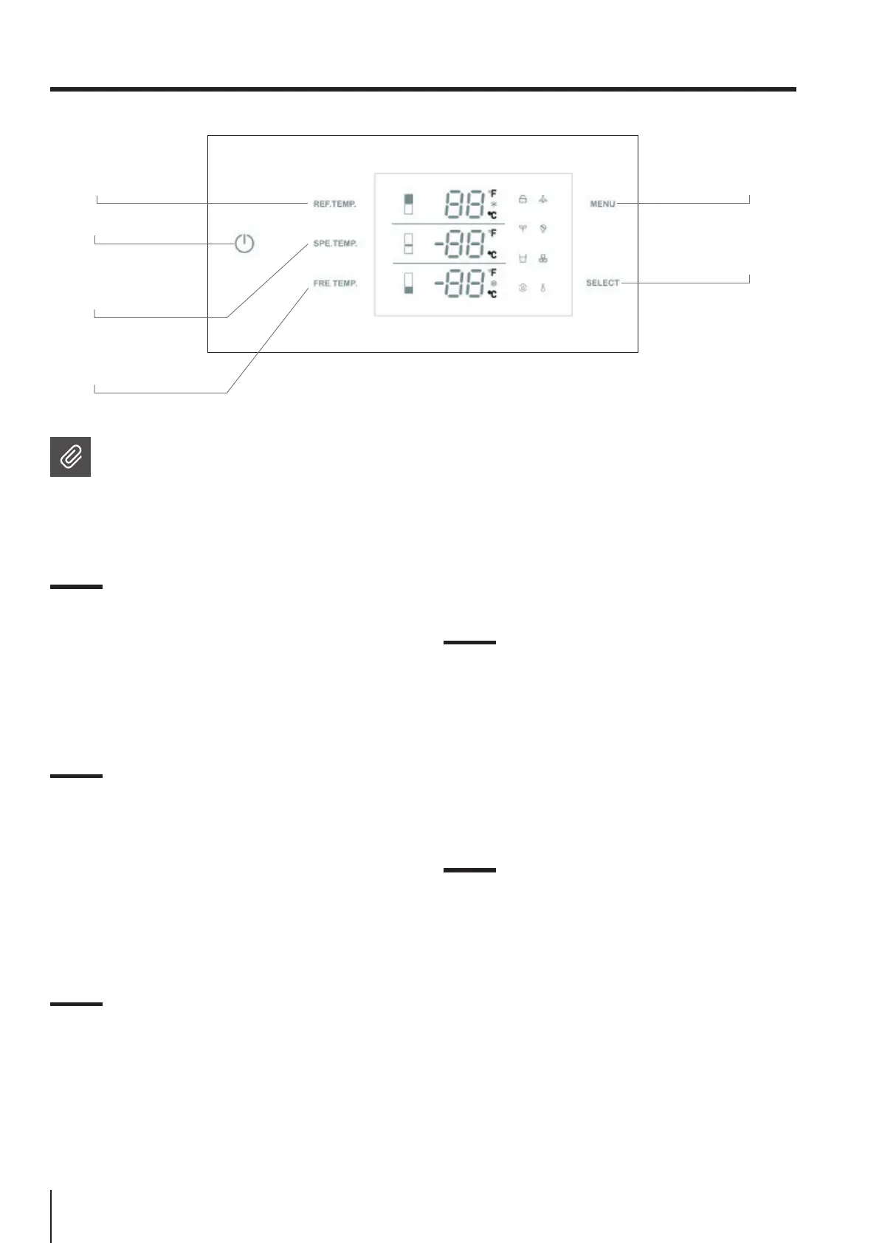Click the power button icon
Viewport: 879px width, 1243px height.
tap(244, 243)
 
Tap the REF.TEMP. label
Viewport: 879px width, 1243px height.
tap(334, 204)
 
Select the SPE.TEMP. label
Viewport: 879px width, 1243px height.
tap(334, 243)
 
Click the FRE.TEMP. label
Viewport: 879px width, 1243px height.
tap(334, 283)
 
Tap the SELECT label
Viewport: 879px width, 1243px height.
tap(602, 283)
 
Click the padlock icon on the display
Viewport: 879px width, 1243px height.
tap(523, 199)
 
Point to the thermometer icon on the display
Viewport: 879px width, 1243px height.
tap(542, 288)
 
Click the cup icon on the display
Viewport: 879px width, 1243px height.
tap(523, 259)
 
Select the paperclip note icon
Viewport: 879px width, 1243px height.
tap(70, 457)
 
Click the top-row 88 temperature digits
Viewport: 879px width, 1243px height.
tap(463, 204)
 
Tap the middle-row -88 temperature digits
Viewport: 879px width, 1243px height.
tap(458, 243)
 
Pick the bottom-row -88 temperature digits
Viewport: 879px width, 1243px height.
tap(458, 283)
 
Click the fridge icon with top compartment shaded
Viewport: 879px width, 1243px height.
tap(408, 204)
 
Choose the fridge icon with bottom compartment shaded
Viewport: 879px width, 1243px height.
tap(408, 283)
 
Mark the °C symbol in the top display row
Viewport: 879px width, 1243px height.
tap(492, 215)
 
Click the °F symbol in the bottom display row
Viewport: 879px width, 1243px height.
tap(492, 273)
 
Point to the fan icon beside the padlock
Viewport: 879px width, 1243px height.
tap(543, 199)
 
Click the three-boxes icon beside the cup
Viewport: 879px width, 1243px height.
tap(543, 259)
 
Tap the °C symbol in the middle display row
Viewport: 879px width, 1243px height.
tap(492, 255)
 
